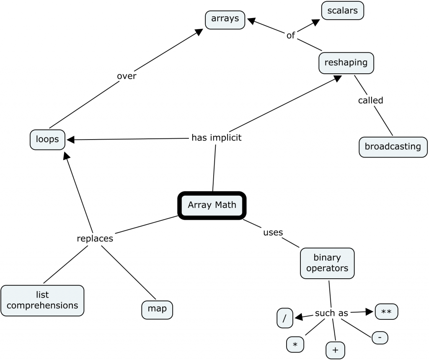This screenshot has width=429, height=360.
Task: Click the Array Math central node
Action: [212, 205]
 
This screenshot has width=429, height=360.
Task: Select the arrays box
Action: [225, 19]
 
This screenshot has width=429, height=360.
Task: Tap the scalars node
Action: [342, 10]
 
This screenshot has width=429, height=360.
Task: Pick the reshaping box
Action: [346, 63]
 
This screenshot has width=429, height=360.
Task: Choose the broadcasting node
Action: [393, 147]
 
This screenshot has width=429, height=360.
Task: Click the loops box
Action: [47, 139]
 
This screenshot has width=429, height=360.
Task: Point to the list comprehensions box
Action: [42, 300]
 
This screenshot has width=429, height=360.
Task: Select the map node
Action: [157, 309]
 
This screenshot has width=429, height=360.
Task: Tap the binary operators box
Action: [327, 263]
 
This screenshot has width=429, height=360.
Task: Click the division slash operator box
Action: [285, 318]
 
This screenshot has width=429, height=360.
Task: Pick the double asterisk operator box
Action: [386, 312]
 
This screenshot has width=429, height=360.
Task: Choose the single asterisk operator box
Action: [295, 344]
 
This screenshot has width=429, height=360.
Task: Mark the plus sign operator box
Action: [335, 350]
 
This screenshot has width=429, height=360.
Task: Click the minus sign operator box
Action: [380, 337]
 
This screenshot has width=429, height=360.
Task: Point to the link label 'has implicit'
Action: [216, 137]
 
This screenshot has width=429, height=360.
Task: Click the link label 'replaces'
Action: [95, 238]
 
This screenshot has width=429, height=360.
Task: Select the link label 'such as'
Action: [331, 313]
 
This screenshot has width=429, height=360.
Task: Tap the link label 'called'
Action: [370, 100]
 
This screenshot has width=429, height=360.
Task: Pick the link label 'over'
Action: [127, 76]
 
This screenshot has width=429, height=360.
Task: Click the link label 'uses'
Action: [273, 232]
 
